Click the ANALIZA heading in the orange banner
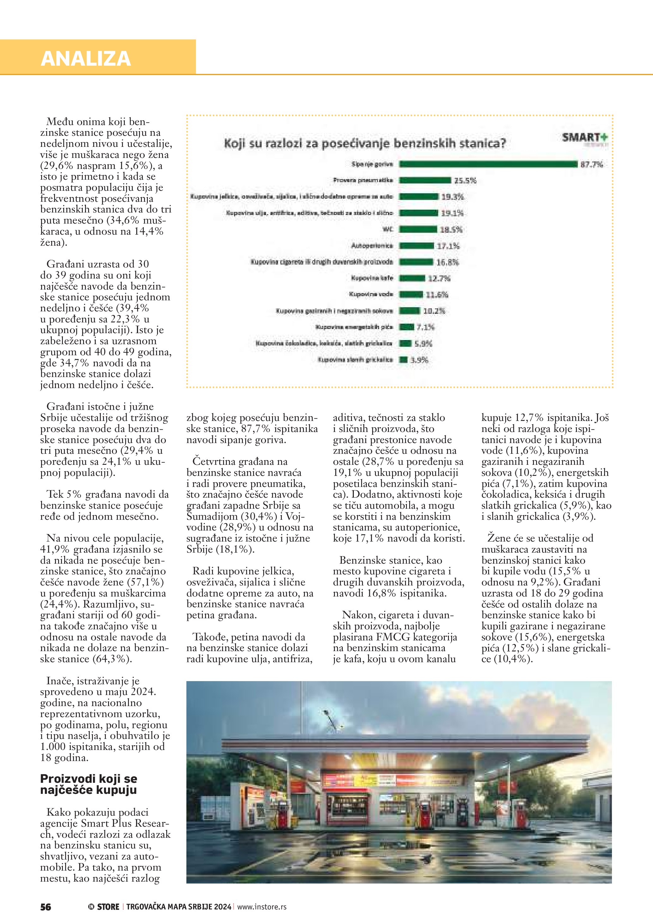[x=86, y=59]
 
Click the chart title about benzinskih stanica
[x=365, y=143]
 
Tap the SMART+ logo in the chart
[x=585, y=138]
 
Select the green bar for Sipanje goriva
[x=488, y=164]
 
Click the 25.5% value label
[x=465, y=181]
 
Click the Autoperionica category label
[x=372, y=246]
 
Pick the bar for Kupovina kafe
[x=412, y=278]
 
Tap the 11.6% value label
[x=437, y=295]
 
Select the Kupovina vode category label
[x=371, y=294]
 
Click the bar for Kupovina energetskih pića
[x=407, y=327]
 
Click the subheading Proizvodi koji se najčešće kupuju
[x=88, y=784]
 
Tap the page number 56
[x=46, y=907]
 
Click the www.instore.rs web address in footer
[x=262, y=907]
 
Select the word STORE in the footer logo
[x=108, y=907]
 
